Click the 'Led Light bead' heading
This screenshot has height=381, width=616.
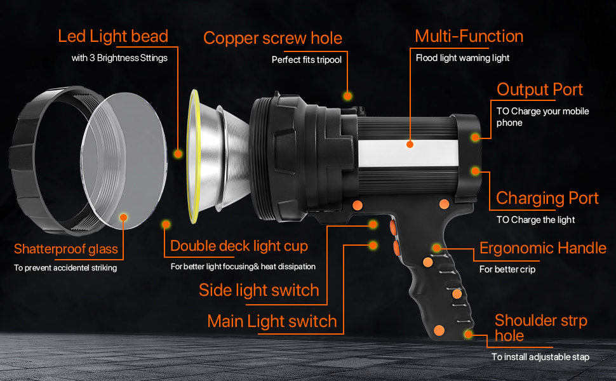113,37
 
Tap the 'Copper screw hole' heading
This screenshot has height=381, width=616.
272,39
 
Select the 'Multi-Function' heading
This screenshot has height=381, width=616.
469,36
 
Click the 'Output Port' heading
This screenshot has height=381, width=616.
539,90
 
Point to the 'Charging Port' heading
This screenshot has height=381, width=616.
547,198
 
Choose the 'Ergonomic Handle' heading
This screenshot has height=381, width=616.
543,248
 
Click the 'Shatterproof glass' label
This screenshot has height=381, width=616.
66,249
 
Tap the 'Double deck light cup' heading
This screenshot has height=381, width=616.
239,246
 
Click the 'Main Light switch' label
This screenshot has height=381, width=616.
272,322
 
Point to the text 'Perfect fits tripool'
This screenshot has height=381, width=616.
307,60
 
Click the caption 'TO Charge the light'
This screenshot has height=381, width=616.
535,220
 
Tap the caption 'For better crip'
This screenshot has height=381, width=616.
507,269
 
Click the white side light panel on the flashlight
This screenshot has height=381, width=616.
408,153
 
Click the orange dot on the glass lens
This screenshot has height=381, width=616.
123,218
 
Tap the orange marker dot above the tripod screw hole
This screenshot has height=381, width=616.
347,96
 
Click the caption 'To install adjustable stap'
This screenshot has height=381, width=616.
540,357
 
